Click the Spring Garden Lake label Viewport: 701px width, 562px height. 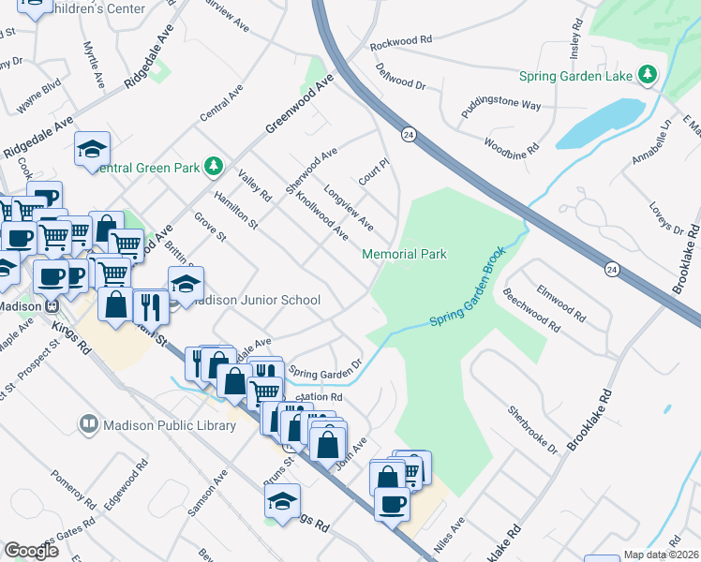(577, 74)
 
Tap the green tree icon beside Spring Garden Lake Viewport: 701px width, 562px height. (647, 74)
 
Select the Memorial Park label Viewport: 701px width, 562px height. (405, 254)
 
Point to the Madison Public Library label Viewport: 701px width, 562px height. (170, 425)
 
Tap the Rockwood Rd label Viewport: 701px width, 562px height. (400, 40)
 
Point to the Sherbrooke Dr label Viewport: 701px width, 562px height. (532, 430)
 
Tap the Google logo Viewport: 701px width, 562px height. (32, 551)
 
